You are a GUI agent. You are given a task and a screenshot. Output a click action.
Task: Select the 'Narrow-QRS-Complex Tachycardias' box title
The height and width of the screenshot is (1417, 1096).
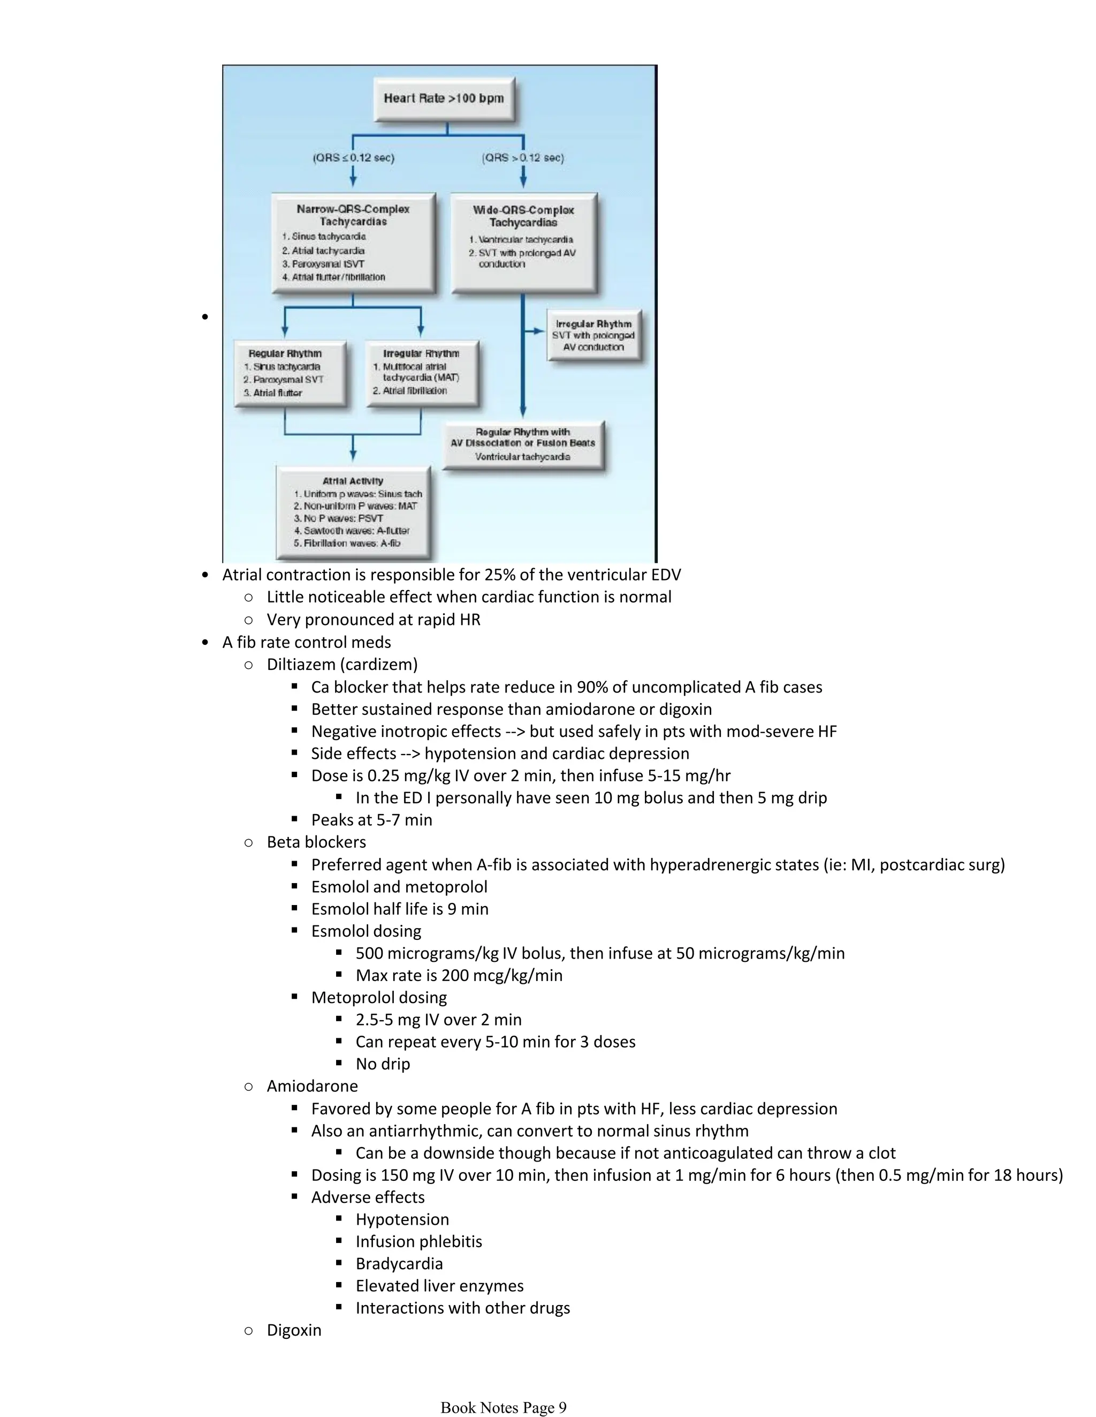[353, 215]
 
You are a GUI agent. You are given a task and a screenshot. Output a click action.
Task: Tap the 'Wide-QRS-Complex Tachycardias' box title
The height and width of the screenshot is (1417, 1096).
[523, 216]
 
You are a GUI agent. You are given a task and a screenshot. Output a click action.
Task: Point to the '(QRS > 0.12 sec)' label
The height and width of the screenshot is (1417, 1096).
[523, 157]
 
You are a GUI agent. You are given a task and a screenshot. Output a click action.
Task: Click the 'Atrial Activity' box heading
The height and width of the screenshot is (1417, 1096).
[353, 481]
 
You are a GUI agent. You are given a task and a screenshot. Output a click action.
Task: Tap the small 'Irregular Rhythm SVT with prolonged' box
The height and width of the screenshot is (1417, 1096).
[593, 335]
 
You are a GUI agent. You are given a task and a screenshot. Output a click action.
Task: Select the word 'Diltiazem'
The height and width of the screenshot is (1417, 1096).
[301, 665]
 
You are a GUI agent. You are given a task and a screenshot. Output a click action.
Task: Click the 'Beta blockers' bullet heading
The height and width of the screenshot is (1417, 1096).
[316, 842]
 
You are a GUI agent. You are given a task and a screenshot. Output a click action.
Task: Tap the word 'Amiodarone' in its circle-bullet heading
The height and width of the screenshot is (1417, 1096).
[312, 1086]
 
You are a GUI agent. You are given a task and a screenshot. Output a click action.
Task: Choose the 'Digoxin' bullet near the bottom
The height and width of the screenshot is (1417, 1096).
[294, 1330]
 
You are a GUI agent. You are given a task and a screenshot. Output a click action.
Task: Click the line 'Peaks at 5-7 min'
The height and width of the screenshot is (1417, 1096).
[371, 820]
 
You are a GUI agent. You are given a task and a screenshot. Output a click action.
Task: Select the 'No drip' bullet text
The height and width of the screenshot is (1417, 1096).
[383, 1064]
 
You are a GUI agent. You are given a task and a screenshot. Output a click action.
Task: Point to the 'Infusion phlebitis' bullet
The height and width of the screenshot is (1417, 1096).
[418, 1241]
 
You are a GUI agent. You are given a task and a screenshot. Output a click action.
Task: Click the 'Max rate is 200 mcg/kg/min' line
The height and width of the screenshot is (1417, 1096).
[459, 975]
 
